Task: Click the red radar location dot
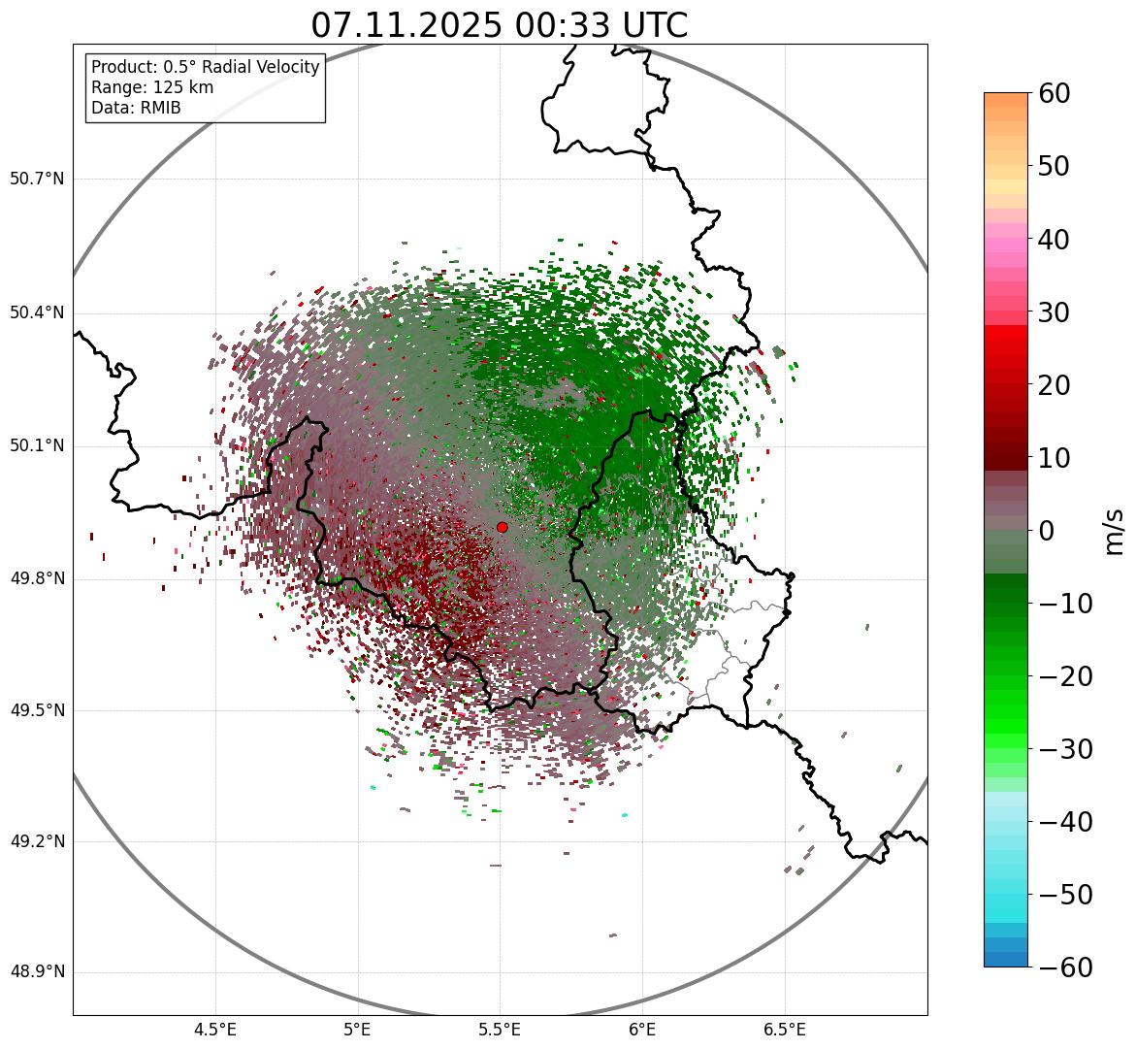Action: coord(502,527)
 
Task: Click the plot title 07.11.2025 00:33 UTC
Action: coord(499,25)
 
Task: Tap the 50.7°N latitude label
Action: coord(37,180)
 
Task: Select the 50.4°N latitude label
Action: coord(37,313)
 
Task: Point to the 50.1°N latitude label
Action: coord(37,446)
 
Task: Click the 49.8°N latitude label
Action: coord(37,579)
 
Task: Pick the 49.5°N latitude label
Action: coord(37,710)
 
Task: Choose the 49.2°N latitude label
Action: coord(37,841)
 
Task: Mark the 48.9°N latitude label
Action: coord(37,972)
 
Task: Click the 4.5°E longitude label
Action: coord(215,1030)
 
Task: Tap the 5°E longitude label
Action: coord(358,1030)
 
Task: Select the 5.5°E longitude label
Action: coord(500,1030)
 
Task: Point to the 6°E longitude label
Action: coord(642,1030)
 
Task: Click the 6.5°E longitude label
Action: coord(784,1030)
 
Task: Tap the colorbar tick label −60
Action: coord(1065,967)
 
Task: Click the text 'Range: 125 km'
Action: coord(152,87)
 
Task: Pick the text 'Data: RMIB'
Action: coord(136,108)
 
